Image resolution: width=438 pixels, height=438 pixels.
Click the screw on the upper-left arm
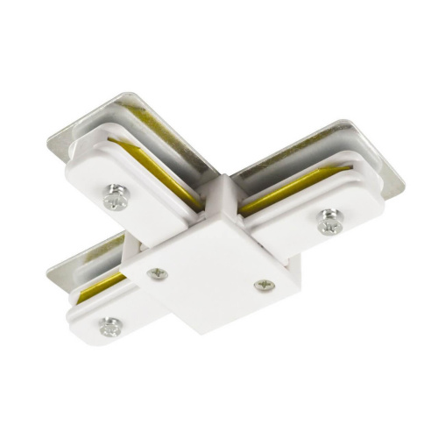point(114,200)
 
